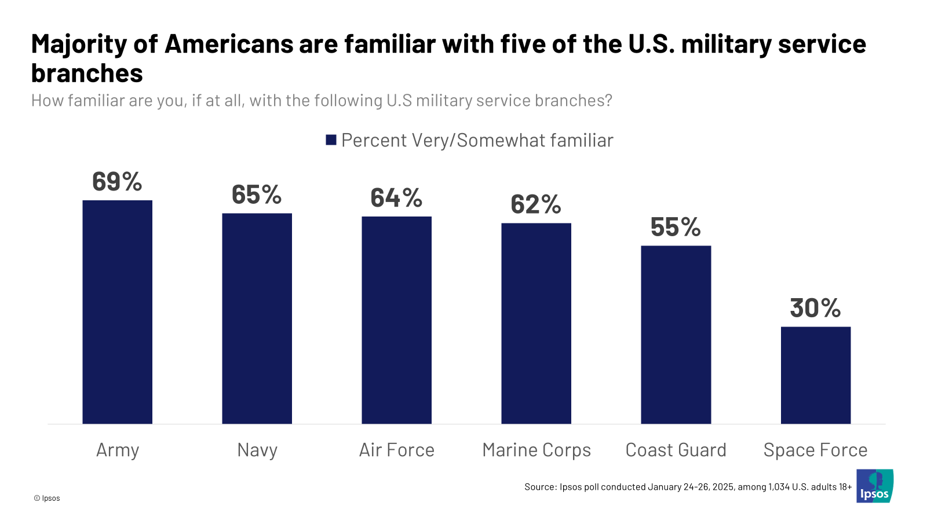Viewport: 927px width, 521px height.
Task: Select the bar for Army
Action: point(117,312)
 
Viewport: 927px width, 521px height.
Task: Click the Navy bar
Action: point(257,318)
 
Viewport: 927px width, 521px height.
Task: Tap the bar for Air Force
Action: point(396,320)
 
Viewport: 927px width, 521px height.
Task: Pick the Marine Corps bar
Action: point(536,324)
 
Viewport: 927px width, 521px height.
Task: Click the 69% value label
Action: point(117,182)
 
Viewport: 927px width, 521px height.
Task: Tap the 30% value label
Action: point(815,308)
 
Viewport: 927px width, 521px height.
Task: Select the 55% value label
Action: point(676,227)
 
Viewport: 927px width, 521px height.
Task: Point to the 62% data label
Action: point(536,204)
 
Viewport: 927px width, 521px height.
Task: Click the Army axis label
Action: point(118,450)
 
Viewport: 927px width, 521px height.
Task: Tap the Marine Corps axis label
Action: point(537,450)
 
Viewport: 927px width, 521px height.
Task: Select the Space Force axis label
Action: point(815,450)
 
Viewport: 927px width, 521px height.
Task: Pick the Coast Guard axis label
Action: point(676,450)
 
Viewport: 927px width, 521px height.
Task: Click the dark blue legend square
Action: point(331,140)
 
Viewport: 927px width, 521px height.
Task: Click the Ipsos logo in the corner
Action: point(874,486)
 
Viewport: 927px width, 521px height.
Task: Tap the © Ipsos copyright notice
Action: point(47,498)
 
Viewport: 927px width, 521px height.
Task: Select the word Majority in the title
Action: point(79,45)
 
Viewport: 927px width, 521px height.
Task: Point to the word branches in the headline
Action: point(87,74)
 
